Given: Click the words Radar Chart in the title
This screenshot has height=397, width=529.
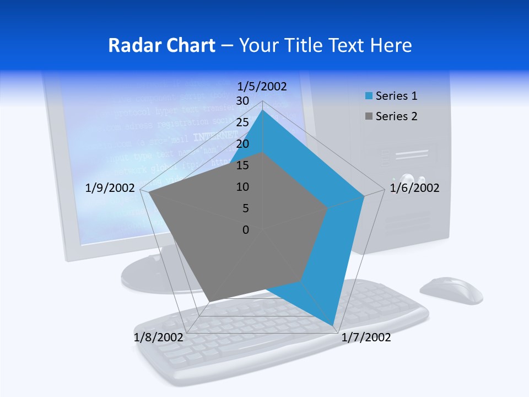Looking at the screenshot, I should click(161, 45).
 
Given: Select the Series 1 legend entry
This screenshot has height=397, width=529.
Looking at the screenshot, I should click(391, 96).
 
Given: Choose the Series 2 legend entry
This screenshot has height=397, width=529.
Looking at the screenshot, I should click(391, 116).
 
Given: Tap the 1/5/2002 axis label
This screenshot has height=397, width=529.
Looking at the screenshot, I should click(262, 87).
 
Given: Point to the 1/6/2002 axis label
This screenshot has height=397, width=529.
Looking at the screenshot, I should click(414, 189).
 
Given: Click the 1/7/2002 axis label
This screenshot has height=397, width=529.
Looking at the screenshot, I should click(366, 337).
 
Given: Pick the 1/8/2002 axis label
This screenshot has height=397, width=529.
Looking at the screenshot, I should click(158, 337).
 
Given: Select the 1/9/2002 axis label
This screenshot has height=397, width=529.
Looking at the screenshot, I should click(110, 189).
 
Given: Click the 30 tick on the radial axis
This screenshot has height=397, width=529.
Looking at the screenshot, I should click(242, 101).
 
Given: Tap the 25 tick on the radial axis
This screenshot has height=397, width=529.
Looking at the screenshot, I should click(242, 122).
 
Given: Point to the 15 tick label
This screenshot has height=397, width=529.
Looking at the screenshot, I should click(242, 165).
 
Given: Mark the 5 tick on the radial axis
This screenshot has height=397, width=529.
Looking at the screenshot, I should click(245, 208).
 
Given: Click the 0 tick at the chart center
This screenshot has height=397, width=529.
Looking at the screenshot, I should click(246, 230).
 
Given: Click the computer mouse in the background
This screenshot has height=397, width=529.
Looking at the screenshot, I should click(451, 290).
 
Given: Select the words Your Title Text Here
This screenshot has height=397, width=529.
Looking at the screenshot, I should click(326, 45).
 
